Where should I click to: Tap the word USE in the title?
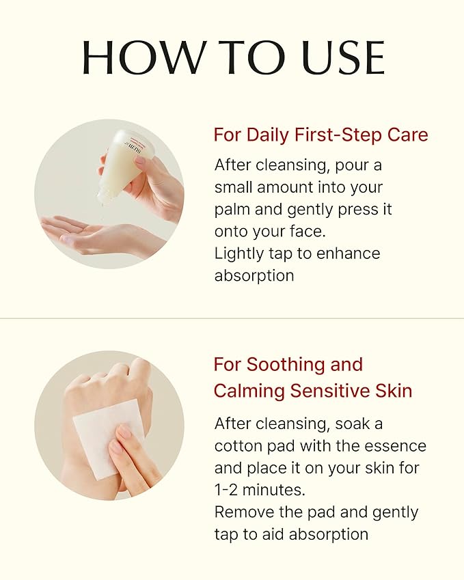(x=344, y=57)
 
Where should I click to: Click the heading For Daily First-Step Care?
(x=320, y=135)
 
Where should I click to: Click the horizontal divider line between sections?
(x=232, y=318)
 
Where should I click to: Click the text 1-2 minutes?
(x=260, y=490)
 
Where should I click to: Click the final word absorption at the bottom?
(x=329, y=534)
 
